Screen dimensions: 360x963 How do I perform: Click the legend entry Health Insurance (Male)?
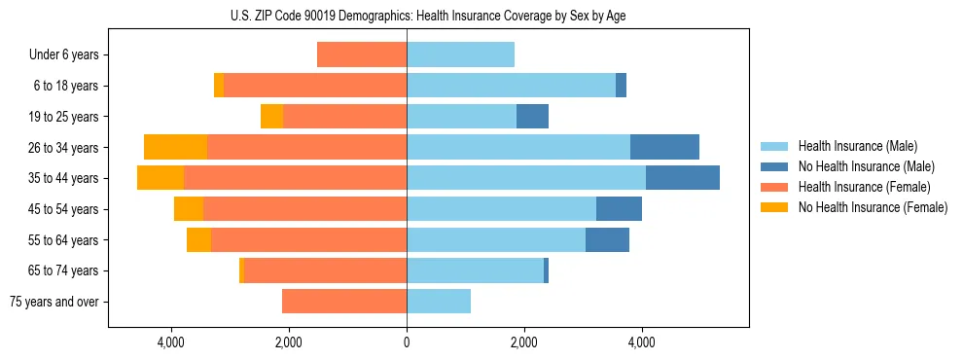(x=857, y=146)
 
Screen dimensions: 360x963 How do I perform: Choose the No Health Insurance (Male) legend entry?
(x=866, y=166)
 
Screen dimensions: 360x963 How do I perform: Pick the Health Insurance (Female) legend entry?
(x=863, y=187)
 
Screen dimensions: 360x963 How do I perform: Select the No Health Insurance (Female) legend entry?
(x=873, y=207)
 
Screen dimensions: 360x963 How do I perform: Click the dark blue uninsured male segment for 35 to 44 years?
(x=682, y=178)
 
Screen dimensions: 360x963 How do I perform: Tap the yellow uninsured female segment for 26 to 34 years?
(x=175, y=147)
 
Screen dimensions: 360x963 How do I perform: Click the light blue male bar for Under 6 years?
(x=460, y=54)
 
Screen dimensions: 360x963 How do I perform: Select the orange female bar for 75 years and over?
(x=344, y=302)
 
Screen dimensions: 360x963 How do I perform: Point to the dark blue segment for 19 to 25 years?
(x=532, y=117)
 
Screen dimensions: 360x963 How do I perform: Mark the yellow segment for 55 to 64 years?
(x=198, y=240)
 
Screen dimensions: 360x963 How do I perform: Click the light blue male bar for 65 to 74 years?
(x=475, y=270)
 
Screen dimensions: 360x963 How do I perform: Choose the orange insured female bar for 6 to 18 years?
(x=315, y=86)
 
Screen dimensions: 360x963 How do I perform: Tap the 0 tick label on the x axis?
(x=407, y=342)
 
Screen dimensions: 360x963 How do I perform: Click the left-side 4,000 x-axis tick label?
(x=171, y=342)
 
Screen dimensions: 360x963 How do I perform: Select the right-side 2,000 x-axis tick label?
(x=523, y=342)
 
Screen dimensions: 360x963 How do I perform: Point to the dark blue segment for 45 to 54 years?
(x=619, y=209)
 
